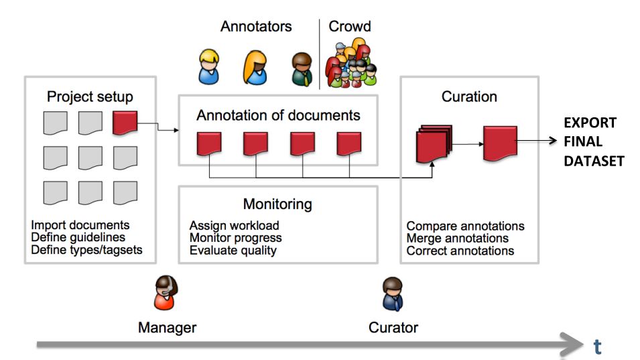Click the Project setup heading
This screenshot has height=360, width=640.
click(x=90, y=97)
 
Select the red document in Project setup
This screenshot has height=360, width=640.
click(x=125, y=123)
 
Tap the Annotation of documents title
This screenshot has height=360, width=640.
click(x=277, y=115)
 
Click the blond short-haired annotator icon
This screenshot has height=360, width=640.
click(x=208, y=67)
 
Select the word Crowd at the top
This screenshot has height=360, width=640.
click(x=349, y=27)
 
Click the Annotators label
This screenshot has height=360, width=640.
click(x=256, y=27)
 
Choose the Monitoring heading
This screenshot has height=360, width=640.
click(x=277, y=204)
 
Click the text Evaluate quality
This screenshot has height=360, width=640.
click(x=233, y=251)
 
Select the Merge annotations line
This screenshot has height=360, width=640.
click(x=457, y=239)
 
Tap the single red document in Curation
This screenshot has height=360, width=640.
click(x=500, y=141)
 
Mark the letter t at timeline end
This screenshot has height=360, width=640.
click(x=598, y=346)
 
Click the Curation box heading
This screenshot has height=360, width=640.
click(x=469, y=97)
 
